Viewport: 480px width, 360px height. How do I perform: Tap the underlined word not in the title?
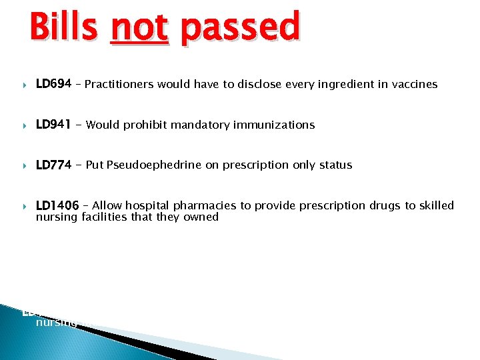click(139, 28)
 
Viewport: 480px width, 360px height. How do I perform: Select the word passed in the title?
click(240, 28)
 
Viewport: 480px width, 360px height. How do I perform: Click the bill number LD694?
click(53, 84)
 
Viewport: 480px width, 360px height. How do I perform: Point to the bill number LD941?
click(53, 125)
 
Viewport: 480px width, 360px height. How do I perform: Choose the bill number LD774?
click(53, 165)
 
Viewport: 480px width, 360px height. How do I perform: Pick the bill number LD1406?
click(57, 205)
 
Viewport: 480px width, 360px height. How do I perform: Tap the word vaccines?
click(415, 85)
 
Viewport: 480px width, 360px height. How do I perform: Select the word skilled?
click(435, 205)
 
